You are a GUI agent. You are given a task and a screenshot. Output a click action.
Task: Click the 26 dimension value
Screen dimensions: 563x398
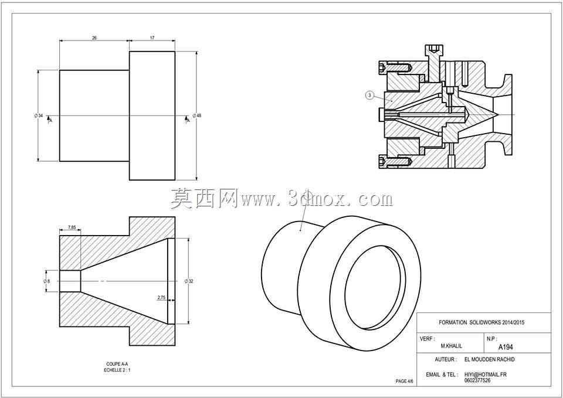pyautogui.click(x=94, y=38)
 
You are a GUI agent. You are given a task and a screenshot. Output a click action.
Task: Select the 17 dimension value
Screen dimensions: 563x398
pyautogui.click(x=152, y=38)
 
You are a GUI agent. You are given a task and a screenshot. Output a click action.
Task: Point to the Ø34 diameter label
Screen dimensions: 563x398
pyautogui.click(x=39, y=115)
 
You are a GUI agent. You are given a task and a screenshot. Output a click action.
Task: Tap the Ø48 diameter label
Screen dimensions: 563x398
pyautogui.click(x=197, y=115)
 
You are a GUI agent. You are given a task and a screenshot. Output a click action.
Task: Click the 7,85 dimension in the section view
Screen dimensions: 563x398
pyautogui.click(x=72, y=227)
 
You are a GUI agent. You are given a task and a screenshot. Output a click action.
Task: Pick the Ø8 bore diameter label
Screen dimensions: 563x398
pyautogui.click(x=47, y=281)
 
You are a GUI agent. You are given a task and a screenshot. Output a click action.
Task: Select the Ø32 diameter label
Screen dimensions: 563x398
pyautogui.click(x=189, y=281)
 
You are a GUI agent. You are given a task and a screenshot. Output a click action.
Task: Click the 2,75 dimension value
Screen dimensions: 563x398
pyautogui.click(x=161, y=297)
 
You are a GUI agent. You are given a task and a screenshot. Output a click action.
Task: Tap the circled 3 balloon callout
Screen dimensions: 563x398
pyautogui.click(x=370, y=96)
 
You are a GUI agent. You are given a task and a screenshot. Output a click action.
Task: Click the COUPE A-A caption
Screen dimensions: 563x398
pyautogui.click(x=117, y=364)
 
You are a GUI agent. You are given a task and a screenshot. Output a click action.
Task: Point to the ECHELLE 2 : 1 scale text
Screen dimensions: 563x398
pyautogui.click(x=117, y=370)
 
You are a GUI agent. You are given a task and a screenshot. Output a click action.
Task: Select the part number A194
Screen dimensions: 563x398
pyautogui.click(x=506, y=347)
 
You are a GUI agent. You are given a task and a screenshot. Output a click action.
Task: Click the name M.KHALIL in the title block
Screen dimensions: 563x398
pyautogui.click(x=452, y=346)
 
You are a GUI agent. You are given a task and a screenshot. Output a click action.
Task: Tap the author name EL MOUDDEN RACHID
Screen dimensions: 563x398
pyautogui.click(x=489, y=359)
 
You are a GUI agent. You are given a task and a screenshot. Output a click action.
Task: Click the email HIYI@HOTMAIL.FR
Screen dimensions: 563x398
pyautogui.click(x=486, y=375)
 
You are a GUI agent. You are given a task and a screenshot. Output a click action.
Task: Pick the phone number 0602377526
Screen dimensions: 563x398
pyautogui.click(x=477, y=380)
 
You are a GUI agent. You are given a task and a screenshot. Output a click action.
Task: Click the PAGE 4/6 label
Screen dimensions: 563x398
pyautogui.click(x=404, y=381)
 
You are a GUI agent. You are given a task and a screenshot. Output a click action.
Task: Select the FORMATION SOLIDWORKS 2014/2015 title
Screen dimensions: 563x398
pyautogui.click(x=481, y=322)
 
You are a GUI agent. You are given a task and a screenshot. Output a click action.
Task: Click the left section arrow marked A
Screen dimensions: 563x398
pyautogui.click(x=49, y=119)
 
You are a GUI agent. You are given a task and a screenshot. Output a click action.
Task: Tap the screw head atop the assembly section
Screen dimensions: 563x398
pyautogui.click(x=434, y=49)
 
